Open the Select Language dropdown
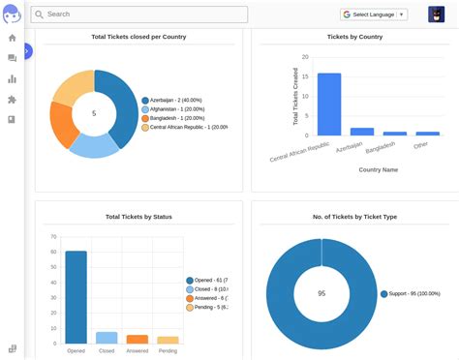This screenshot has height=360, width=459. [373, 15]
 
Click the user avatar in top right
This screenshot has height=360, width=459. [436, 15]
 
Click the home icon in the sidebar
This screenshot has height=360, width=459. [13, 38]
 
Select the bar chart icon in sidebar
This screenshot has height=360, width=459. [13, 78]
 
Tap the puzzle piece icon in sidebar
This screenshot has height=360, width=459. [13, 99]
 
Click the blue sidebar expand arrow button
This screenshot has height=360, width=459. [27, 50]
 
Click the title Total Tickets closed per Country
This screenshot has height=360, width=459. [138, 37]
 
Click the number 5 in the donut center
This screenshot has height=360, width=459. [94, 113]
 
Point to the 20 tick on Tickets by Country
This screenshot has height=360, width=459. [305, 56]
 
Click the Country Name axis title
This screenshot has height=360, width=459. [378, 169]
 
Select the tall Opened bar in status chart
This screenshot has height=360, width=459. [76, 297]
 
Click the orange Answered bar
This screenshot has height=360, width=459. [138, 339]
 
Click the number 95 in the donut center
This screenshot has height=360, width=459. [321, 293]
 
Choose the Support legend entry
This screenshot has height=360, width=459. [416, 293]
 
